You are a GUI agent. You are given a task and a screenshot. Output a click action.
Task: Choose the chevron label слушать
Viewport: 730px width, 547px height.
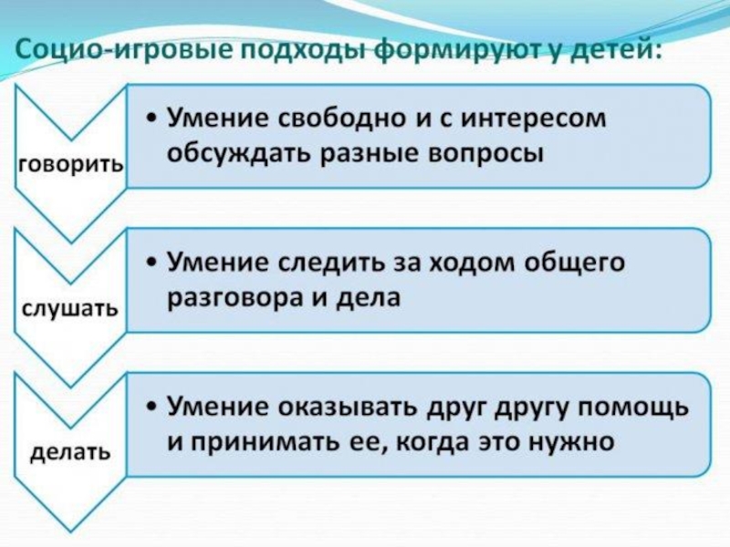tap(69, 308)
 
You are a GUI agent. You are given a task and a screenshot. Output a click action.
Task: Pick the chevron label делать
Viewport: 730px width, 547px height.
tap(70, 450)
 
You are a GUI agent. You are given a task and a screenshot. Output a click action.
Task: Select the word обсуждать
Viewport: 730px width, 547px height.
tap(235, 153)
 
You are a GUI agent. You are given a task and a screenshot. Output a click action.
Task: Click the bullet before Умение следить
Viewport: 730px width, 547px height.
tap(151, 263)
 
